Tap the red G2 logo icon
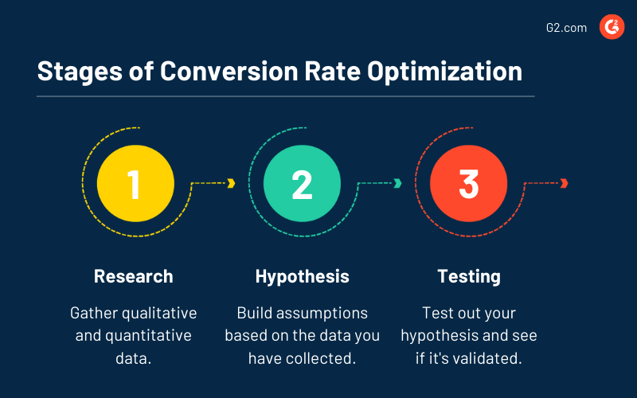[x=612, y=28]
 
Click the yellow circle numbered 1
[x=134, y=183]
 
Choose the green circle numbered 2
[x=301, y=183]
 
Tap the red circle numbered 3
[x=468, y=183]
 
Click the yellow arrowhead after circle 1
[x=231, y=183]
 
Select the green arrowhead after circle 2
[x=397, y=183]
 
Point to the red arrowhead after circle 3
[x=564, y=183]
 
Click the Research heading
[x=134, y=276]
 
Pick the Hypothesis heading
[x=302, y=276]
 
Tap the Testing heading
[x=469, y=276]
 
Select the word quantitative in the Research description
[x=147, y=335]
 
